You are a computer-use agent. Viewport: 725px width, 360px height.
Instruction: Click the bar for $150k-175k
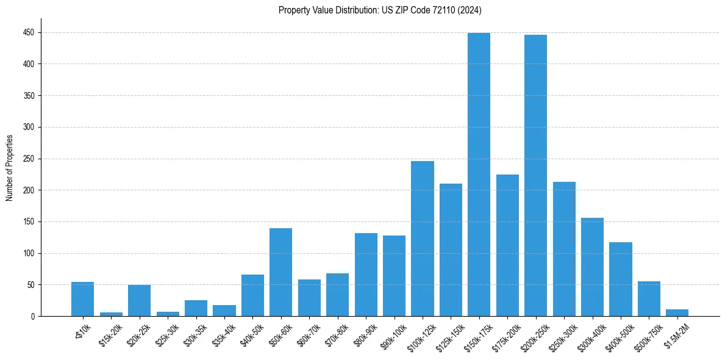[479, 175]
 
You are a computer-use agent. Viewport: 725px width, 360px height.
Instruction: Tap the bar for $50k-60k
[280, 272]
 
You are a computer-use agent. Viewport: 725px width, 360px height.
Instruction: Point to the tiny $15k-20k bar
[111, 314]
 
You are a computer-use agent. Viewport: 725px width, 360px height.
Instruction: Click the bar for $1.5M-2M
[677, 313]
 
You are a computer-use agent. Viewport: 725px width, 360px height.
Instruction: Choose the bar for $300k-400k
[592, 267]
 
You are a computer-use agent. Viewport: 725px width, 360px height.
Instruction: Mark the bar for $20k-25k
[139, 301]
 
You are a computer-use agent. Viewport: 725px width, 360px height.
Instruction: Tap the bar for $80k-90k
[366, 275]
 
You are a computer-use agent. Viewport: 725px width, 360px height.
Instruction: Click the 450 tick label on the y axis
[30, 32]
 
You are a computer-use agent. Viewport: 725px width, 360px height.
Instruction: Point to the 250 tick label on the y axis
[30, 159]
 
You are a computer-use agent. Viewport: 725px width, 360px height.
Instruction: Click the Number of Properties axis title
[9, 168]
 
